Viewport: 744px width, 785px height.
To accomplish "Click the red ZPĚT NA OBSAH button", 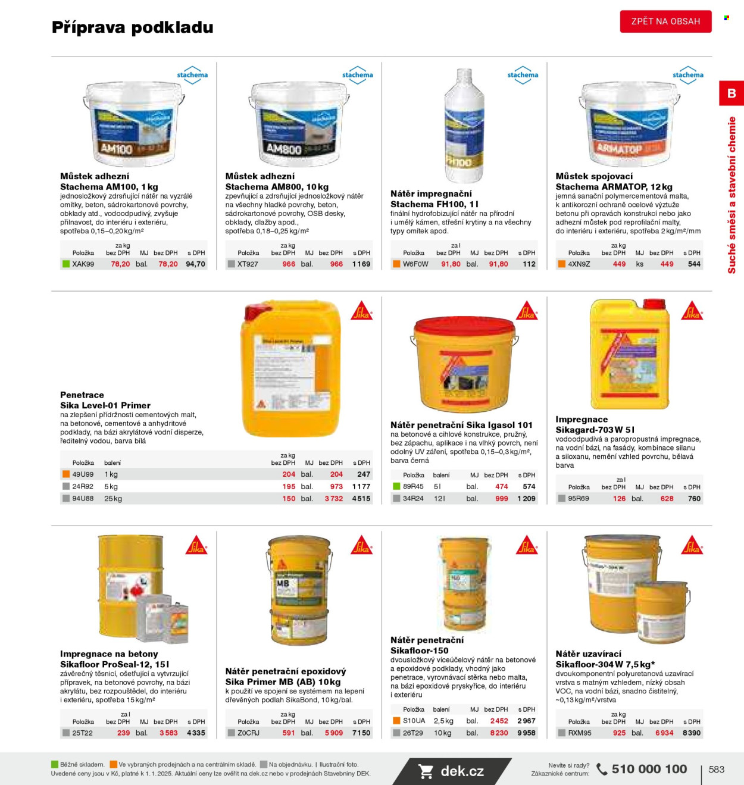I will (665, 21).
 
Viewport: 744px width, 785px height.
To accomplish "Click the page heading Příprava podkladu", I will (132, 27).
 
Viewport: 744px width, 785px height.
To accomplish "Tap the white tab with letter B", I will (732, 93).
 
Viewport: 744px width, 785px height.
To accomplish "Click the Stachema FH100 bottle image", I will (464, 126).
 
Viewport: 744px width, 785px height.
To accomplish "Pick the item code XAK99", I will (83, 264).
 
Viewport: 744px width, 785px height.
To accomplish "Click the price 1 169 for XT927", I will (361, 264).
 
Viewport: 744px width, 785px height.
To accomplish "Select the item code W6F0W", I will (415, 264).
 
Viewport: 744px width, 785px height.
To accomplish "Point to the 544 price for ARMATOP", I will (694, 264).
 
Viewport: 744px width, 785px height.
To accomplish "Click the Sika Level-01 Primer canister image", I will (290, 370).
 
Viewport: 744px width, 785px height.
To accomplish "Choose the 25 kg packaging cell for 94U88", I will (113, 499).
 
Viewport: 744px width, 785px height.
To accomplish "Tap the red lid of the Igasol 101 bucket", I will (464, 326).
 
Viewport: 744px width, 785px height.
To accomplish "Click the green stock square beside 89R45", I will (396, 486).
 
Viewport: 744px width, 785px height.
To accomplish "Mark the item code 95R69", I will (578, 499).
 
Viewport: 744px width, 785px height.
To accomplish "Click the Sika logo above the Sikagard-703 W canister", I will (692, 311).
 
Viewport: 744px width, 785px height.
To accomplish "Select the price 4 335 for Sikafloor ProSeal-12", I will (196, 733).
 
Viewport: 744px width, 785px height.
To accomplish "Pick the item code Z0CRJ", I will (248, 733).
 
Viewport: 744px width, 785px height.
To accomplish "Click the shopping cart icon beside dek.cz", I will (426, 771).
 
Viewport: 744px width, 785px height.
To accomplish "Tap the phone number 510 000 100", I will (649, 769).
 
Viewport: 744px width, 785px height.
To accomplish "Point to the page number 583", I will (717, 770).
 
